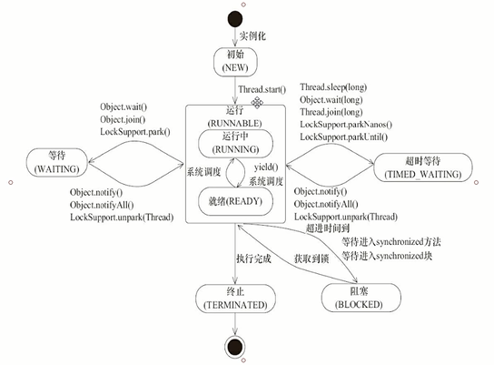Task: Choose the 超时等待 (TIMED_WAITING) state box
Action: [x=422, y=164]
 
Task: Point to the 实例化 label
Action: [x=253, y=36]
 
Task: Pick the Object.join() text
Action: [x=123, y=120]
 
